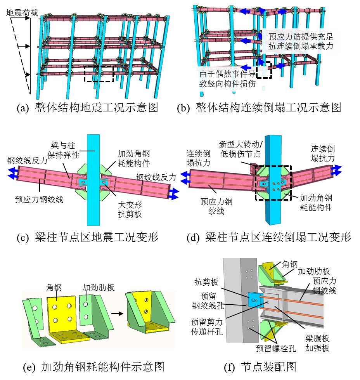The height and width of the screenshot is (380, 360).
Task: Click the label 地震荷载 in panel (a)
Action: [x=22, y=12]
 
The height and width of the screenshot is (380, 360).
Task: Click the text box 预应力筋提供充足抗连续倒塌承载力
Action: [x=301, y=41]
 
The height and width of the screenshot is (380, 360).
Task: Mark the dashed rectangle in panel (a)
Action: [x=99, y=73]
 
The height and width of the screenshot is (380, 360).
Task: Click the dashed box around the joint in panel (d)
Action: [x=273, y=182]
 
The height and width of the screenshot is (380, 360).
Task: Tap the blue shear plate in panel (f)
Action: [x=254, y=300]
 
